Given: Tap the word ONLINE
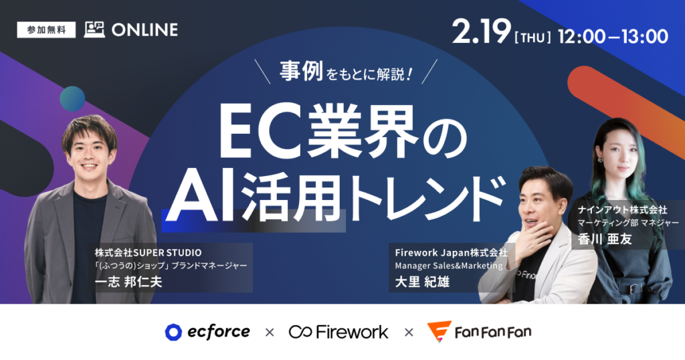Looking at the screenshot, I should (x=144, y=30).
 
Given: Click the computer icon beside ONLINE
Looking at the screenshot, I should (x=94, y=29).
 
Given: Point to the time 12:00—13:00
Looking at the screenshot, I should (x=616, y=35).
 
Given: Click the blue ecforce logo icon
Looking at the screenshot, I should (x=174, y=332).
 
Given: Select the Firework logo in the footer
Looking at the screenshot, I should (x=338, y=332).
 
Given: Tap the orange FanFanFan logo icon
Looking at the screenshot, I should (x=439, y=332).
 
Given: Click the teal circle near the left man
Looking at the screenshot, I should (x=72, y=98).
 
